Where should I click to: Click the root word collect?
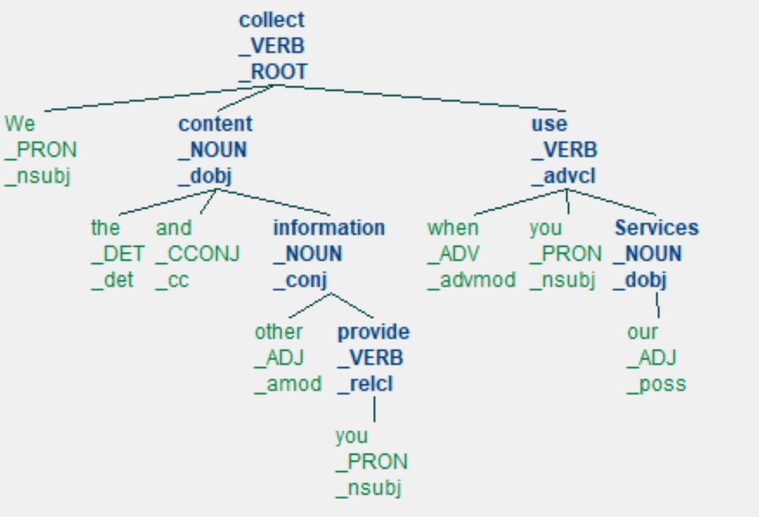tap(272, 20)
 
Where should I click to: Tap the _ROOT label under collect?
tap(273, 72)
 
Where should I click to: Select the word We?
tap(19, 124)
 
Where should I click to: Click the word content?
tap(216, 124)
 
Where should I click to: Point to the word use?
tap(549, 124)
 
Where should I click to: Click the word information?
tap(329, 228)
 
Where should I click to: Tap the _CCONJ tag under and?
tap(197, 254)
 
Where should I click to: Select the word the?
tap(105, 228)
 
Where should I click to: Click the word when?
tap(453, 228)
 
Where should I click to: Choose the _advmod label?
tap(471, 280)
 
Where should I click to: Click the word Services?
tap(656, 228)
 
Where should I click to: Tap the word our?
tap(642, 332)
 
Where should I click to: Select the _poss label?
tap(656, 384)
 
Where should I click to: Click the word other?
tap(279, 332)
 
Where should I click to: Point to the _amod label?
tap(288, 384)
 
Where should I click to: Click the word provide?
tap(373, 332)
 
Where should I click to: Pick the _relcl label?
tap(365, 384)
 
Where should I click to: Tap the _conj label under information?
tap(299, 280)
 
